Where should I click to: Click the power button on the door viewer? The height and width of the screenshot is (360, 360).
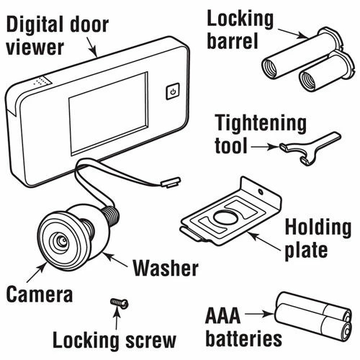[173, 91]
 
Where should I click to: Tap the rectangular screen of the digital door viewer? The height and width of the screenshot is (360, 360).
[109, 114]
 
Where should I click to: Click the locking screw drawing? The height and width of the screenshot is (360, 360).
[120, 303]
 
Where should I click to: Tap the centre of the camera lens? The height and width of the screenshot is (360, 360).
[63, 240]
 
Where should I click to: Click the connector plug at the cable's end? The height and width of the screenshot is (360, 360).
[171, 182]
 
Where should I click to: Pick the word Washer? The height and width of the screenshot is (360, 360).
[166, 268]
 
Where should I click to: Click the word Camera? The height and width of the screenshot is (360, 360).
[40, 294]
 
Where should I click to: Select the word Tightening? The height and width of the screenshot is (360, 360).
[261, 124]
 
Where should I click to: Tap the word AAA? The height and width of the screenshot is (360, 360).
[223, 316]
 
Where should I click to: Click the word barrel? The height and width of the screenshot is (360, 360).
[233, 41]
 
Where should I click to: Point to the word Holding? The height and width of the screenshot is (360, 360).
[318, 228]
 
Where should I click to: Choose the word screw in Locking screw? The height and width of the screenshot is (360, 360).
[151, 340]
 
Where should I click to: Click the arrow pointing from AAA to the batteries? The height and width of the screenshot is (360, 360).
[259, 314]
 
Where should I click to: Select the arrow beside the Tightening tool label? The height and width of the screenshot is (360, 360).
[265, 146]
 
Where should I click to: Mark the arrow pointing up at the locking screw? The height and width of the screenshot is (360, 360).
[117, 318]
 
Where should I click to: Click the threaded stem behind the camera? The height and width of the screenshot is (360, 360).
[110, 215]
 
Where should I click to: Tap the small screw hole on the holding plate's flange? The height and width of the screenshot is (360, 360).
[261, 192]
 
